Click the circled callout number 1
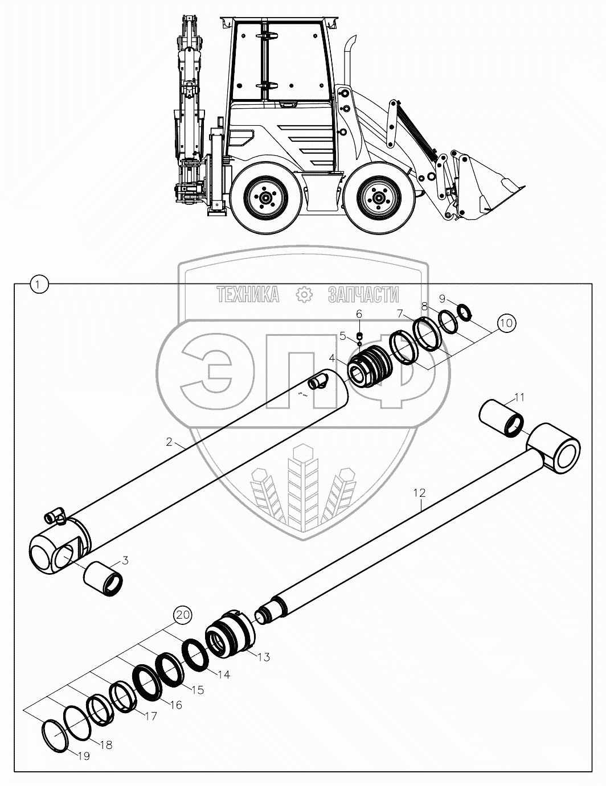(38, 283)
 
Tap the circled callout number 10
(506, 323)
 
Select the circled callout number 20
(183, 615)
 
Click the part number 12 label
(420, 492)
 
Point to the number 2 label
(169, 441)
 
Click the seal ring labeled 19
(56, 735)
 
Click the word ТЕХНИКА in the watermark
(248, 294)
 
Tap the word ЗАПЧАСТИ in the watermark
(363, 294)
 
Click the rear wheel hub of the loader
(265, 199)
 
